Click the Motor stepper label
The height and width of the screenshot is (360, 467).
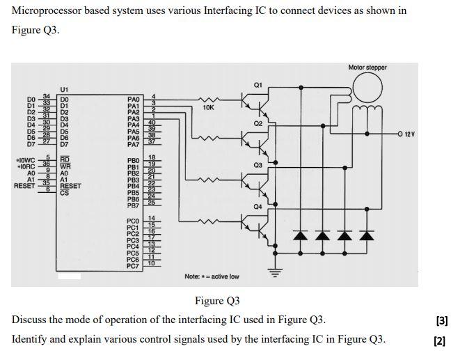(x=367, y=68)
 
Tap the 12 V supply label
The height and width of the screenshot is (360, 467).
(x=408, y=133)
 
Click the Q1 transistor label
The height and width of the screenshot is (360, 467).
(x=258, y=85)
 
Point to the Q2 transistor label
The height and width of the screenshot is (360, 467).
(x=258, y=123)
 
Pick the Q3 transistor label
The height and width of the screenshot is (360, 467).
(x=258, y=165)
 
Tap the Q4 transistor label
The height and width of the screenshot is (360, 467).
(x=258, y=207)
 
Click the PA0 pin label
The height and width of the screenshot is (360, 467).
(x=134, y=100)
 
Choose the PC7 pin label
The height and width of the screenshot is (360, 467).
(x=134, y=266)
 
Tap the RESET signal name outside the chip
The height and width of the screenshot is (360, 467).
(x=24, y=186)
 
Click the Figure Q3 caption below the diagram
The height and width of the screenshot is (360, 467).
(x=216, y=301)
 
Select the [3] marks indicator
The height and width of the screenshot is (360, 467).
(x=441, y=321)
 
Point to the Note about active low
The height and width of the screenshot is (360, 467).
(x=212, y=276)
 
